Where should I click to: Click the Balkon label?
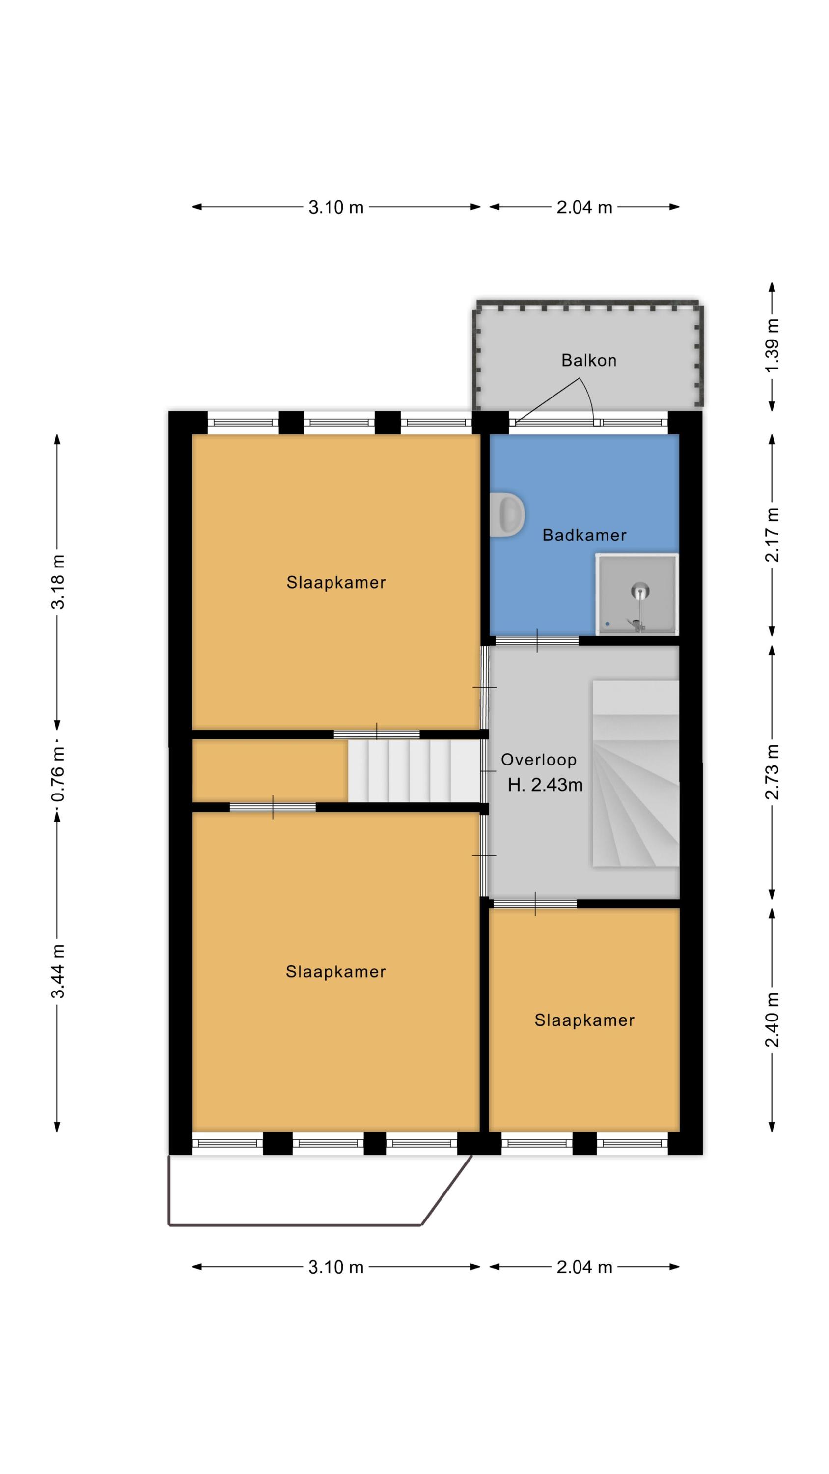click(x=588, y=360)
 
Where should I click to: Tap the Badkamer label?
click(x=584, y=535)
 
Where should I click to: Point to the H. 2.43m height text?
click(x=545, y=785)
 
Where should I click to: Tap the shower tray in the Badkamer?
click(x=637, y=594)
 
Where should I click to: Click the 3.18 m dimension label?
click(x=58, y=582)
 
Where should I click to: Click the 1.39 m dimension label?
click(x=773, y=345)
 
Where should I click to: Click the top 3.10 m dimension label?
click(x=336, y=207)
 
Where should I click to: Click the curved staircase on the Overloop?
click(x=636, y=773)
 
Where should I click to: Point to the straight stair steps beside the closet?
click(x=414, y=771)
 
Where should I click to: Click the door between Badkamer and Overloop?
click(x=537, y=640)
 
